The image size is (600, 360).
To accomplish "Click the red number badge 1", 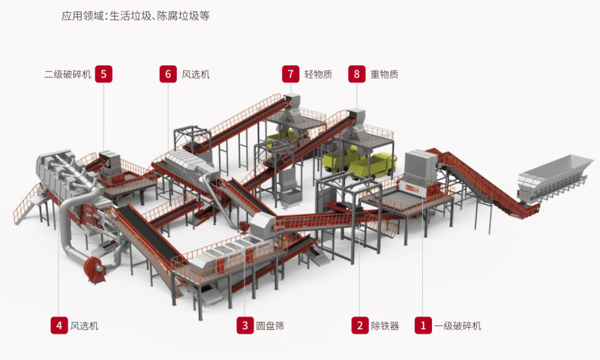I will tap(423, 325).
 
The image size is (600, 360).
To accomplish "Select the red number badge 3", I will tap(244, 325).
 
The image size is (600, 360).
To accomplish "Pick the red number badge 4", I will tap(58, 325).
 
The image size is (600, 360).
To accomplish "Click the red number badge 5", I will tap(104, 73).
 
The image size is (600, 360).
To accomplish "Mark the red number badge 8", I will tap(357, 73).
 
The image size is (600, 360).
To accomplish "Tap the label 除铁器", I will tap(385, 326).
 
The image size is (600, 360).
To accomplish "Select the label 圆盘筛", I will tap(270, 326).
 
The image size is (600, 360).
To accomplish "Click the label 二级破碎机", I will tap(67, 74).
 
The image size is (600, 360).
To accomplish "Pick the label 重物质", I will tap(384, 74).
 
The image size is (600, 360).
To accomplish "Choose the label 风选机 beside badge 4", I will tap(84, 326).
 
